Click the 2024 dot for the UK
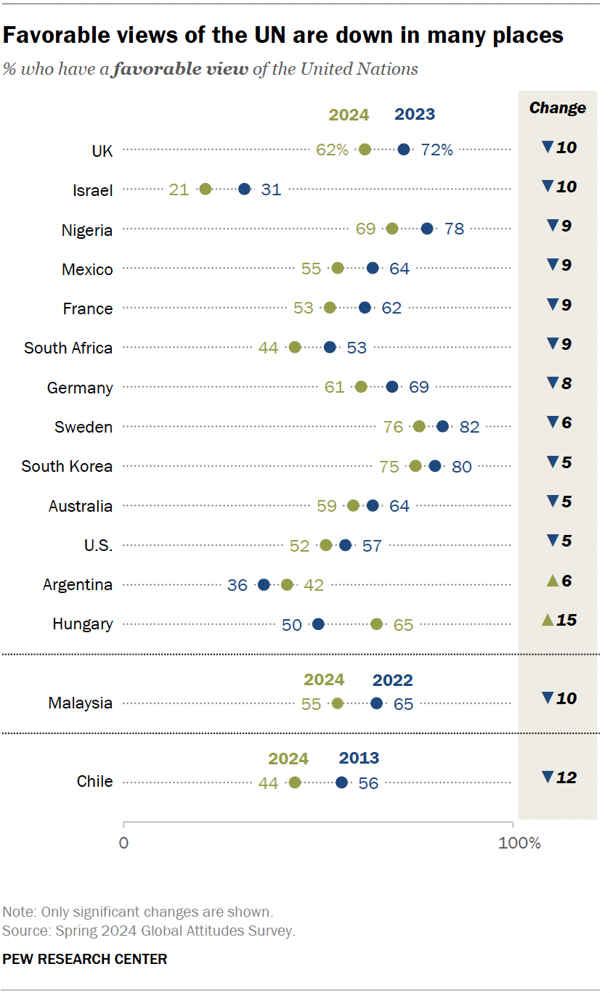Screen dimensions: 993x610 (x=365, y=150)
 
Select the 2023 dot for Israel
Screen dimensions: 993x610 (x=245, y=189)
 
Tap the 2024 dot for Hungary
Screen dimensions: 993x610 (x=376, y=624)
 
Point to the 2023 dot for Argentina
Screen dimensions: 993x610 (x=264, y=585)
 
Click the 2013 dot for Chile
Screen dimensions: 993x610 (x=341, y=782)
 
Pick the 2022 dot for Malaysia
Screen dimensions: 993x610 (x=376, y=703)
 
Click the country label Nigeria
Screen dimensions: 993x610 (x=87, y=230)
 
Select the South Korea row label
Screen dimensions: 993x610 (x=67, y=466)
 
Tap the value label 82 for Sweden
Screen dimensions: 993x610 (x=469, y=427)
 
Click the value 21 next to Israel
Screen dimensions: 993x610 (x=179, y=189)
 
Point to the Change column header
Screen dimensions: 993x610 (x=557, y=108)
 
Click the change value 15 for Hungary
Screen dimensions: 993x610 (x=566, y=621)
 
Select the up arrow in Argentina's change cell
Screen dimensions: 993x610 (x=551, y=581)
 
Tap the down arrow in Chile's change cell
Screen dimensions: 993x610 (x=548, y=777)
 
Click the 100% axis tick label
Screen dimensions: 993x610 (x=520, y=843)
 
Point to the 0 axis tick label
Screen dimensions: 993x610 (x=123, y=843)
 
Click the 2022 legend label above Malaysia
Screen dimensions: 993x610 (x=392, y=680)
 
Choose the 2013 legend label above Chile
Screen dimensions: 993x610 (x=359, y=759)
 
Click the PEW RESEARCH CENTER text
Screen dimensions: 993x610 (x=85, y=959)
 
